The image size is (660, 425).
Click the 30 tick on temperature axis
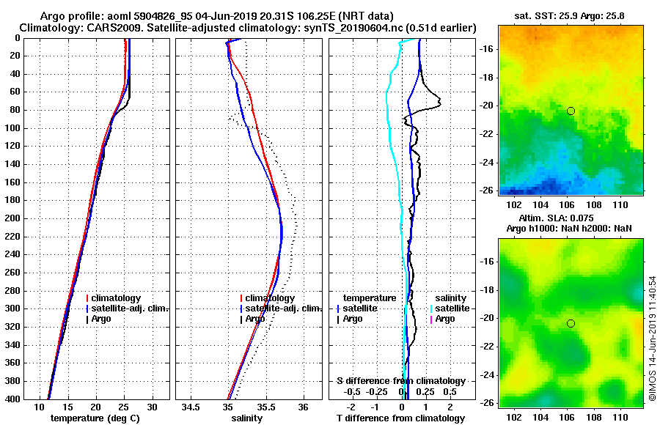(152, 407)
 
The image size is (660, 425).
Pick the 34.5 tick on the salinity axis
(191, 407)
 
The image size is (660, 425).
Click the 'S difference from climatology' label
(401, 381)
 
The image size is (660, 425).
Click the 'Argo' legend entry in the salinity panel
(255, 319)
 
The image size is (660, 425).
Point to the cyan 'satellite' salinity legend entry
(453, 308)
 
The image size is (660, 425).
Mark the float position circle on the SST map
(571, 111)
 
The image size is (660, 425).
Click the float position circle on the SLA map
(571, 323)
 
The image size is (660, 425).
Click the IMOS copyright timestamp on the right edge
(652, 339)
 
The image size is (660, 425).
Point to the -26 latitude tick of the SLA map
(488, 403)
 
